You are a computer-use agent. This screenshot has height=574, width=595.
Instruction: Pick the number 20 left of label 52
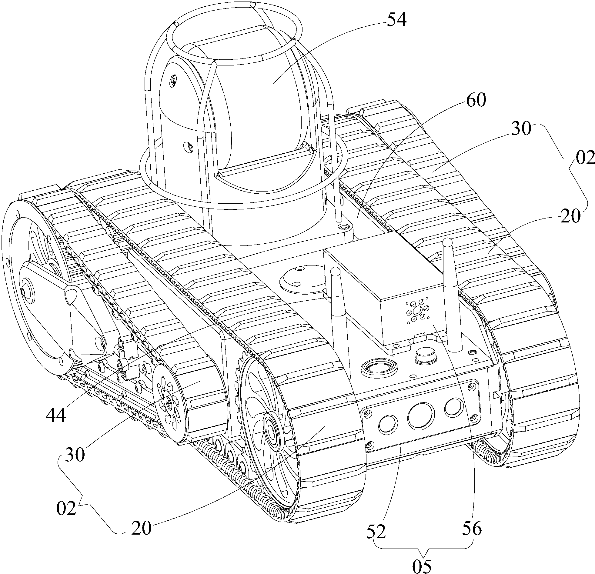[x=141, y=529]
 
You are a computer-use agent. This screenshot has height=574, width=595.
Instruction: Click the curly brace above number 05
[x=423, y=546]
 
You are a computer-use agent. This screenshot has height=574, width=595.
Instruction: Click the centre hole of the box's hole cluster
[x=417, y=310]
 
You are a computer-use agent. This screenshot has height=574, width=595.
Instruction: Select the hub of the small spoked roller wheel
[x=169, y=403]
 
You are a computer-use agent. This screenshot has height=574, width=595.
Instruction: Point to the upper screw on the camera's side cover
[x=173, y=81]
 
